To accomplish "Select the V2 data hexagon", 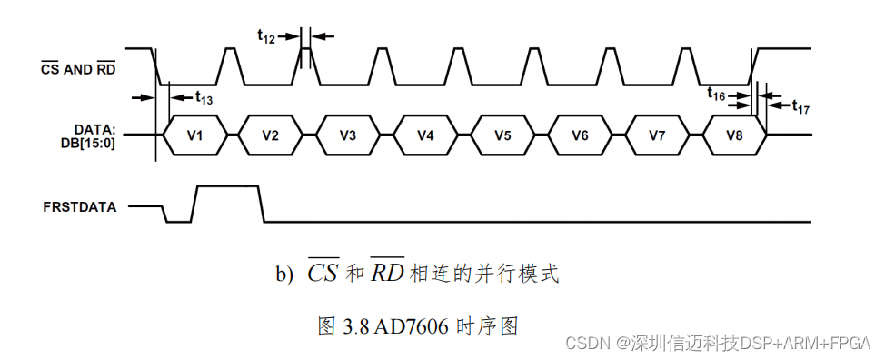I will coord(270,135).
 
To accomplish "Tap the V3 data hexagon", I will coord(348,135).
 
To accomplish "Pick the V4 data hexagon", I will coord(425,135).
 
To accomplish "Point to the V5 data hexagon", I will coord(502,135).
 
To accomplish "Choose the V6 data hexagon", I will coord(580,135).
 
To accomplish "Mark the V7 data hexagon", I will coord(658,135).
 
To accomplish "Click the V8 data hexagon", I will coord(735,135).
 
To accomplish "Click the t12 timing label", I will coord(266,36).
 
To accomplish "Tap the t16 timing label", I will coord(717,93).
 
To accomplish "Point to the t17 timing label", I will coord(800,107).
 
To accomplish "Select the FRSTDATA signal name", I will coord(80,206).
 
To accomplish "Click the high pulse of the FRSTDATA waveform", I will coord(227,187).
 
